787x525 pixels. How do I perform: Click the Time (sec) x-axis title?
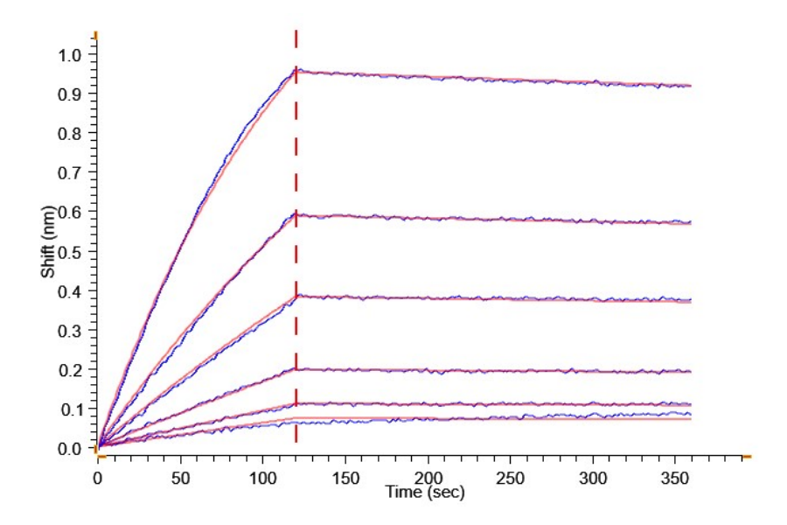click(x=426, y=493)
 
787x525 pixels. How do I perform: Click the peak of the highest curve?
click(x=296, y=69)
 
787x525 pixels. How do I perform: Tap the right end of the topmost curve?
click(x=691, y=86)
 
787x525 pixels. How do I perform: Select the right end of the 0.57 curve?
click(x=691, y=223)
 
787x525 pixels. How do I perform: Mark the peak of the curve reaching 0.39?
click(x=296, y=296)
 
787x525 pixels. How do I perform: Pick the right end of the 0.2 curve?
click(x=691, y=372)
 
